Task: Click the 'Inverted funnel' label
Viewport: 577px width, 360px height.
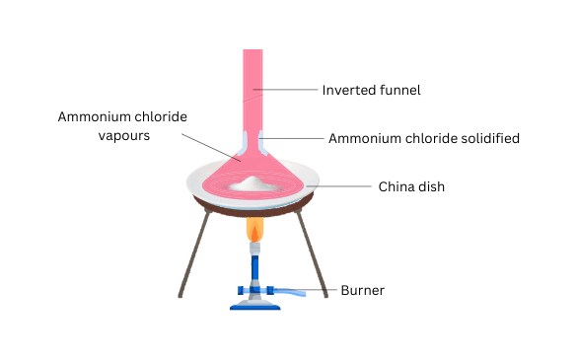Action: (372, 90)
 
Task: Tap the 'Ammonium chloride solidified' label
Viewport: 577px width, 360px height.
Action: (423, 138)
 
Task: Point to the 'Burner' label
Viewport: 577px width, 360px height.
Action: (362, 291)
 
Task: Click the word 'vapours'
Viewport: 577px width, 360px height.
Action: (123, 136)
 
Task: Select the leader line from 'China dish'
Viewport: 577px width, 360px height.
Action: (340, 185)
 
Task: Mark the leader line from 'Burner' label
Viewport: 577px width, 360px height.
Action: (321, 291)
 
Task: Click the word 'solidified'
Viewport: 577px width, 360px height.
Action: (487, 138)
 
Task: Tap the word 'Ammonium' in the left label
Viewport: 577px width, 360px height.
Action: (90, 116)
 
